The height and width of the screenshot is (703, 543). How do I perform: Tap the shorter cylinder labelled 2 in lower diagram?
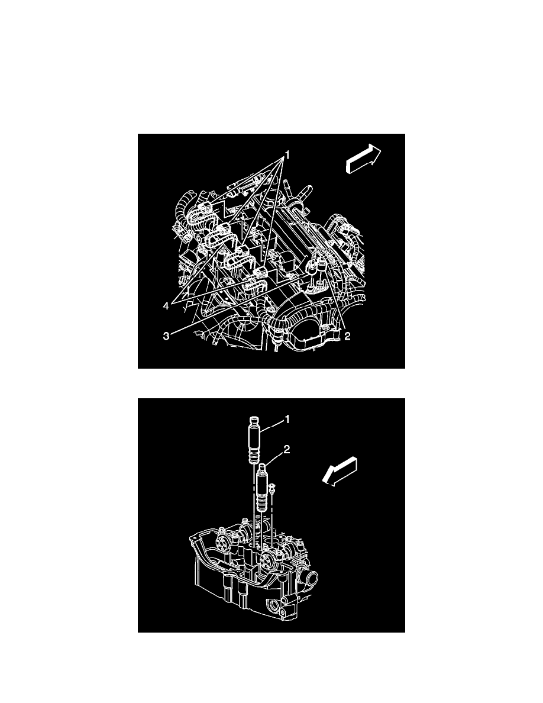click(x=261, y=485)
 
